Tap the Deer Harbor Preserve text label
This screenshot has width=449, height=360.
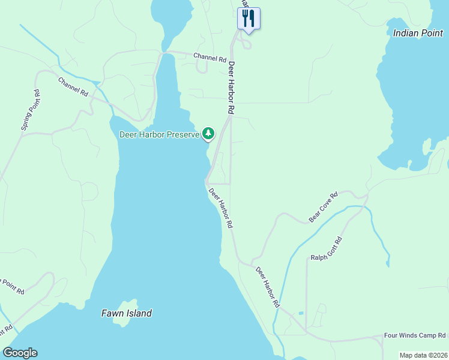159,134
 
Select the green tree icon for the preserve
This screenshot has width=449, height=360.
208,133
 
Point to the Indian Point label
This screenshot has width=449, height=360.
418,33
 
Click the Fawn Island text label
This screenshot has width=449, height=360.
126,313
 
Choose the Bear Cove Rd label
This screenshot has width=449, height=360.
324,207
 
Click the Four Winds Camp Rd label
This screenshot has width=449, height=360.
415,335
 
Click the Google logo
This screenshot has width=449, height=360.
20,353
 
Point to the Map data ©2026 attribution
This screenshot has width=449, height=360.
423,355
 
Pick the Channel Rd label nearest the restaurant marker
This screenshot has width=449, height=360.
209,58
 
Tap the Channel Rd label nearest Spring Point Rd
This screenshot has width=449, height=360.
73,87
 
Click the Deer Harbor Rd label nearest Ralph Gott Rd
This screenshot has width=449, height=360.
268,287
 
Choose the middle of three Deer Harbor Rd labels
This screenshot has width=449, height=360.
220,208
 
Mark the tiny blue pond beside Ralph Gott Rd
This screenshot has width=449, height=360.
300,313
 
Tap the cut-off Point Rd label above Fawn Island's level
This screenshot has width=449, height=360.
12,286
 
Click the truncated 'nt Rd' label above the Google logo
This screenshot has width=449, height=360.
6,331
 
